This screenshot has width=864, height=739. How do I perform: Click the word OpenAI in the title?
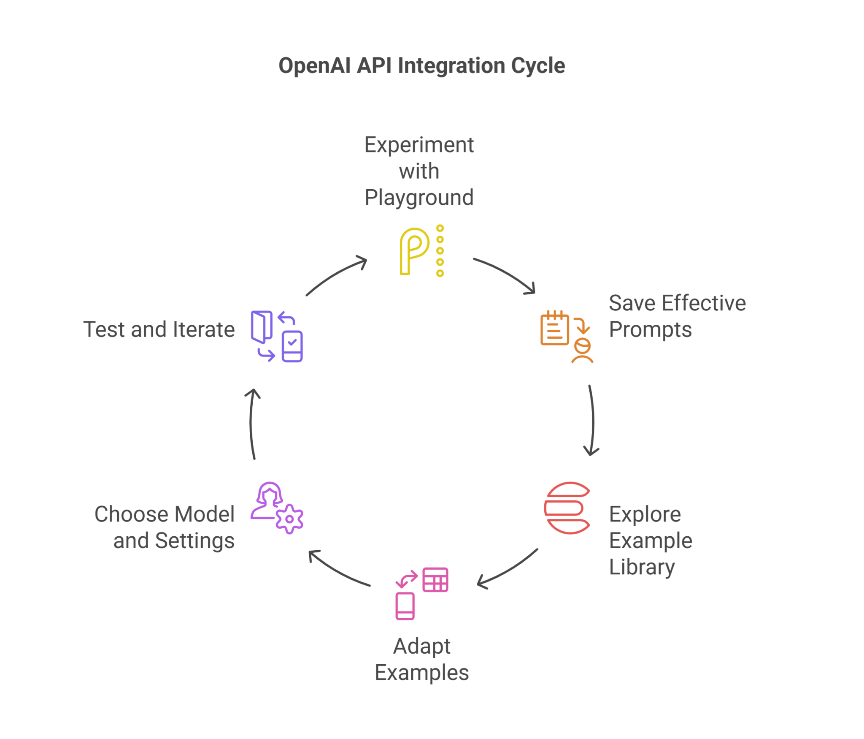point(314,66)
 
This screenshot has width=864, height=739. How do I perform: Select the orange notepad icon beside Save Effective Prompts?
point(554,329)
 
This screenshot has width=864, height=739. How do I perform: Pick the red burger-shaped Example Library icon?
point(567,508)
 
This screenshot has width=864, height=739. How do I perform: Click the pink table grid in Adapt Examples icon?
point(435,579)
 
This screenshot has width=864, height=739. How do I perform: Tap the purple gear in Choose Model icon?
point(289,519)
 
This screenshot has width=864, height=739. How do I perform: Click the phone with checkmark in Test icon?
point(292,346)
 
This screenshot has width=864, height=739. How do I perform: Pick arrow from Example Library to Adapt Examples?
point(508,570)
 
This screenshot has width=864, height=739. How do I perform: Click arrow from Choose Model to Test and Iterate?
point(251,422)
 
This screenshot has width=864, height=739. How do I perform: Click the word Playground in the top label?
point(419,198)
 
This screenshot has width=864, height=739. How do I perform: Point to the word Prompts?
point(650,329)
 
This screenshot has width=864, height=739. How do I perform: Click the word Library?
point(641,567)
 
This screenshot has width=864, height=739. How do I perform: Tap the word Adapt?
point(421,646)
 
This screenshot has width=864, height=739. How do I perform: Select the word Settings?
point(194,541)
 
